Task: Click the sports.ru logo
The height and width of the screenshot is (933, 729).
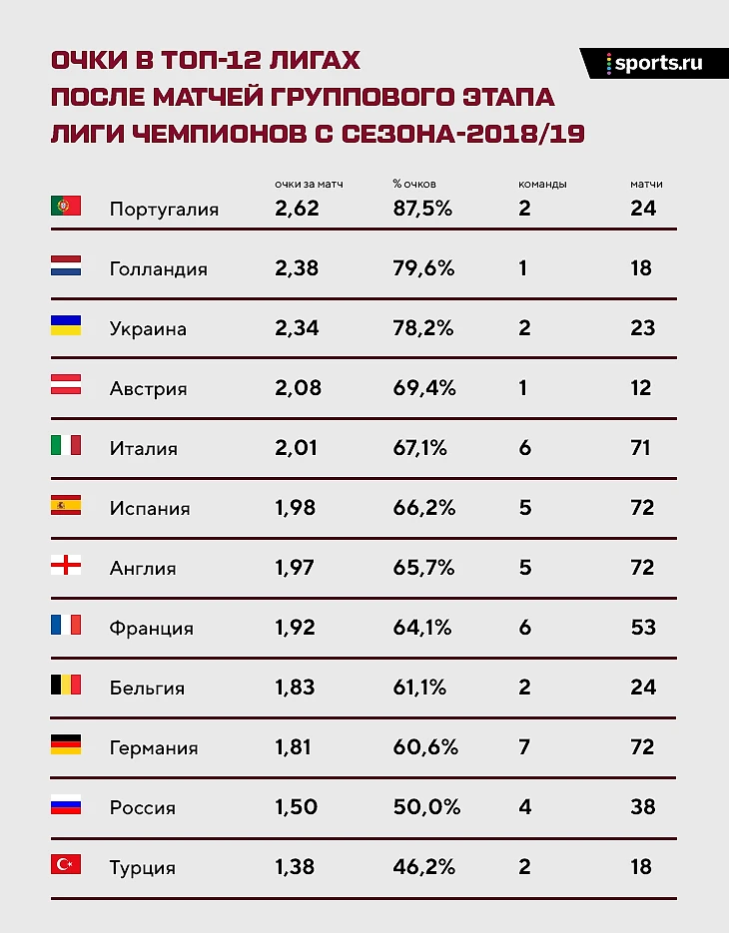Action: [x=654, y=63]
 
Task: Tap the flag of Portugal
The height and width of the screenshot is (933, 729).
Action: [x=66, y=207]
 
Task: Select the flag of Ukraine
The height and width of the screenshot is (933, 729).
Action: [x=66, y=326]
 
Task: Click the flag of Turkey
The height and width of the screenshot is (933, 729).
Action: [x=66, y=865]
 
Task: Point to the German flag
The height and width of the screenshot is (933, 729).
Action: [x=66, y=745]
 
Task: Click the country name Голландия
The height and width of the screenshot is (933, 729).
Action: [x=158, y=268]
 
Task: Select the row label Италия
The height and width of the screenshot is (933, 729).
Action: [x=143, y=448]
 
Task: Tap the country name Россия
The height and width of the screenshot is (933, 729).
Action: [x=142, y=807]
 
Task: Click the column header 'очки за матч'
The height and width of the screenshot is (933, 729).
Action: [x=309, y=185]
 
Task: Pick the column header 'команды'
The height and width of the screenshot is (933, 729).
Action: [x=543, y=185]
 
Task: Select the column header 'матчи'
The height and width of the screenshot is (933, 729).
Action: [x=646, y=185]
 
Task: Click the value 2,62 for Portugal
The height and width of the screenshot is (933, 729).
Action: [x=297, y=208]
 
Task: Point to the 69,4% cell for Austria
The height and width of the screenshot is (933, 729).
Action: [x=424, y=387]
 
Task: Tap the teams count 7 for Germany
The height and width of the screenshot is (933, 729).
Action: [x=525, y=746]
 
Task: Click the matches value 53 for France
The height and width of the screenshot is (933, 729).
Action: [x=643, y=627]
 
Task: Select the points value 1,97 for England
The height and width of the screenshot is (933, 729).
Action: [x=295, y=567]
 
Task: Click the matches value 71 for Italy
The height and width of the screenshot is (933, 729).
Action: [x=641, y=447]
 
